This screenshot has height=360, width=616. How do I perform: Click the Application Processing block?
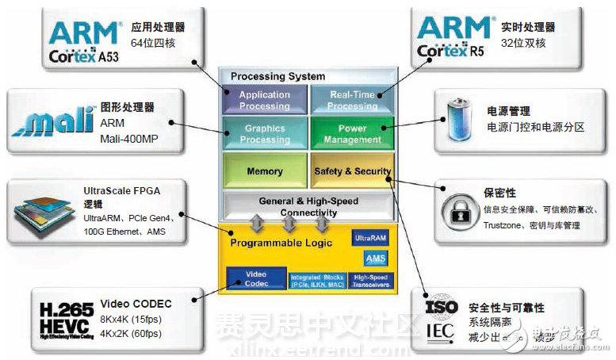click(x=264, y=100)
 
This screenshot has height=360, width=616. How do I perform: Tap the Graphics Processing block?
click(x=264, y=133)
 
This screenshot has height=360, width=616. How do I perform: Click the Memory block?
click(x=264, y=170)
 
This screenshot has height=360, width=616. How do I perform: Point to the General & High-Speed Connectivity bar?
click(x=308, y=206)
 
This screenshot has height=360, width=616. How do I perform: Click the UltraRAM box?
click(x=369, y=238)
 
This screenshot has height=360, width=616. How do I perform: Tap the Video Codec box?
click(x=255, y=278)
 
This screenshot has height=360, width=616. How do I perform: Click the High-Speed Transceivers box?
click(x=370, y=279)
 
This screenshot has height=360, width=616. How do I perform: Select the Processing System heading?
click(x=277, y=76)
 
